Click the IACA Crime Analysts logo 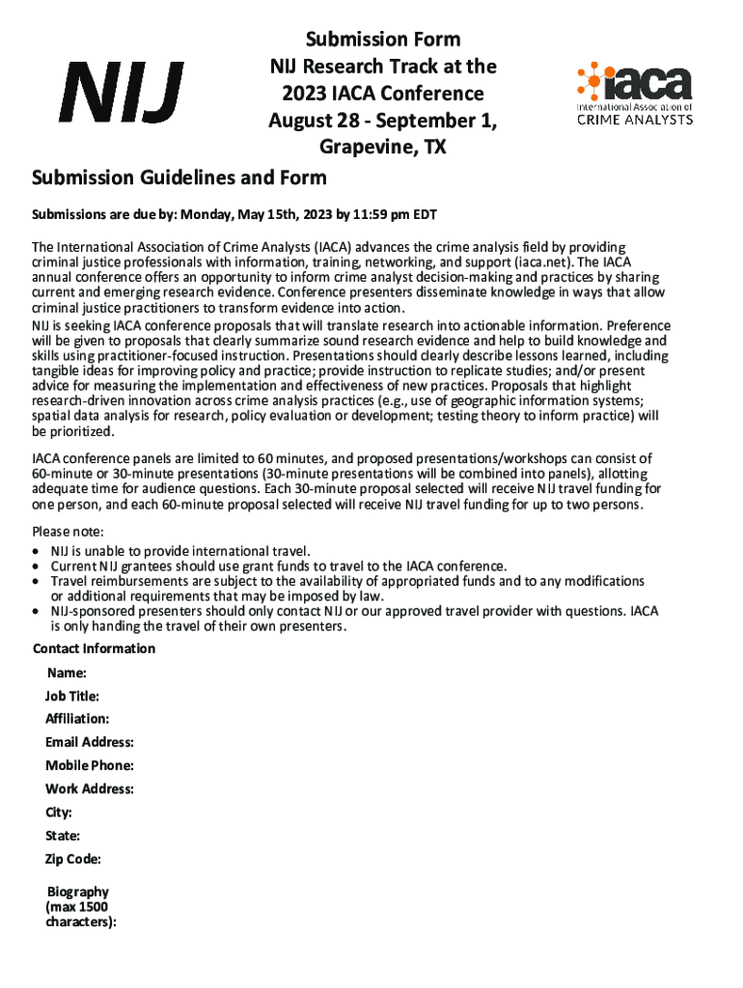coord(633,95)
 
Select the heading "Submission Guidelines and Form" coord(179,178)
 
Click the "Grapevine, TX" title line coord(382,149)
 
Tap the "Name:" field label coord(68,672)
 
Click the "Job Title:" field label coord(72,696)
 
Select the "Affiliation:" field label coord(77,719)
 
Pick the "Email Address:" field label coord(90,742)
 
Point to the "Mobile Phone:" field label coord(90,765)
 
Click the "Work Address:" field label coord(90,789)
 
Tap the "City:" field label coord(59,812)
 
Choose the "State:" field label coord(63,836)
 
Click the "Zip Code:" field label coord(73,859)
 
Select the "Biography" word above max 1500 coord(78,892)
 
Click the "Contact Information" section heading coord(95,648)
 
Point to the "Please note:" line coord(68,533)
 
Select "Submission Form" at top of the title coord(383,40)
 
